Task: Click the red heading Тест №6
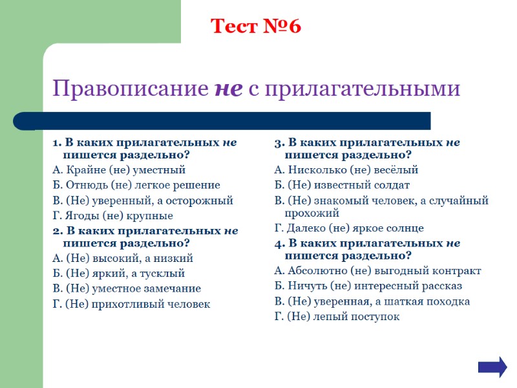[x=256, y=27]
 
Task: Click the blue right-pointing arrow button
[x=492, y=367]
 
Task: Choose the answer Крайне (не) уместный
[x=118, y=170]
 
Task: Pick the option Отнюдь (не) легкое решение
[x=136, y=185]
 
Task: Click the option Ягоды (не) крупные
[x=112, y=215]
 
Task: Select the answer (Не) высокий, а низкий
[x=122, y=258]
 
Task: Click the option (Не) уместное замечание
[x=126, y=288]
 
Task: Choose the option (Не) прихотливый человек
[x=131, y=304]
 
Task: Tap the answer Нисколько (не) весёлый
[x=346, y=170]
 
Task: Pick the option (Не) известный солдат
[x=342, y=185]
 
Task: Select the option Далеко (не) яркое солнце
[x=349, y=228]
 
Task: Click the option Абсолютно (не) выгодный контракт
[x=377, y=271]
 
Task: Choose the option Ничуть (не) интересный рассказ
[x=368, y=286]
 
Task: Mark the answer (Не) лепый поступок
[x=337, y=316]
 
